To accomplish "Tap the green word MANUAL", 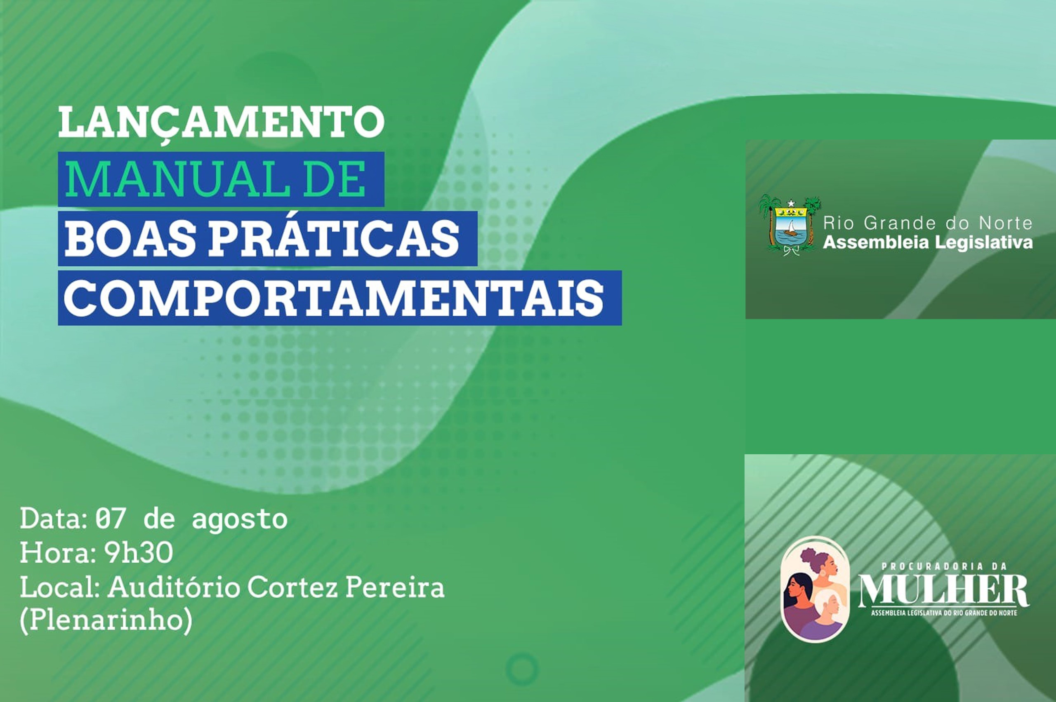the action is pyautogui.click(x=171, y=180).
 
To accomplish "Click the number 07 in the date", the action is pyautogui.click(x=109, y=519).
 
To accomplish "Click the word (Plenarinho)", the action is pyautogui.click(x=106, y=622).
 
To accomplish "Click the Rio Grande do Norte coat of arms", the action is pyautogui.click(x=790, y=225).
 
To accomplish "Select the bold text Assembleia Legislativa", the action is pyautogui.click(x=928, y=243).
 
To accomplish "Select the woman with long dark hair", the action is pyautogui.click(x=804, y=609).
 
